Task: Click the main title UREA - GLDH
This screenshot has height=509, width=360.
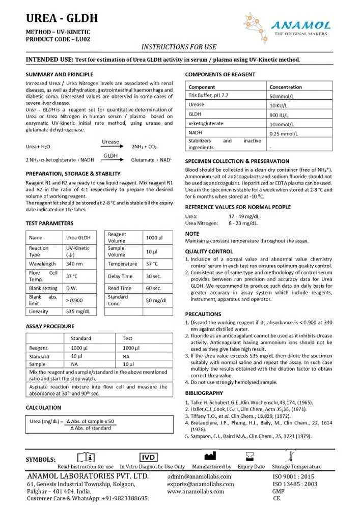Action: click(x=62, y=19)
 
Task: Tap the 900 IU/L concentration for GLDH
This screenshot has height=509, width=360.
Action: click(x=280, y=115)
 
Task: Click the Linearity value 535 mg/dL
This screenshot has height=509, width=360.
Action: click(x=78, y=311)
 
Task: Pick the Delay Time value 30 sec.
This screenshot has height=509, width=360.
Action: click(x=153, y=276)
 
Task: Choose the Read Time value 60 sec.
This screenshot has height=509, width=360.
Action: click(x=153, y=288)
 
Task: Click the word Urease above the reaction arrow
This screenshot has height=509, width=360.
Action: click(x=110, y=142)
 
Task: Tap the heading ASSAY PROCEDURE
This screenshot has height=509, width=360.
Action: click(x=50, y=326)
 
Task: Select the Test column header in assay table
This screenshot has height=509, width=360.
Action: click(x=127, y=338)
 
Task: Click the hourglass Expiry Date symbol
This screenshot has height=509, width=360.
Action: click(x=250, y=456)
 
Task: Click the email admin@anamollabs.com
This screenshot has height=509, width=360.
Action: click(x=199, y=476)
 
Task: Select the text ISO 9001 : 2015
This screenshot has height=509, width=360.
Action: click(x=295, y=476)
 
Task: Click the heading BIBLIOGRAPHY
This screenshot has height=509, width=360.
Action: click(x=204, y=393)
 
